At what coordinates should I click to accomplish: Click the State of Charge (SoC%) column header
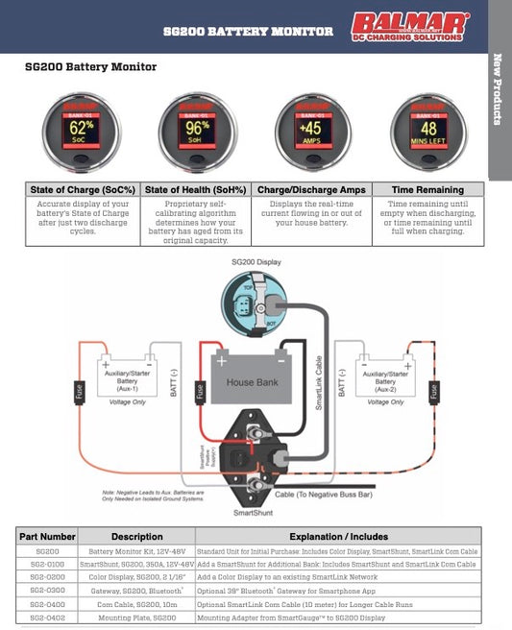click(x=83, y=190)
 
